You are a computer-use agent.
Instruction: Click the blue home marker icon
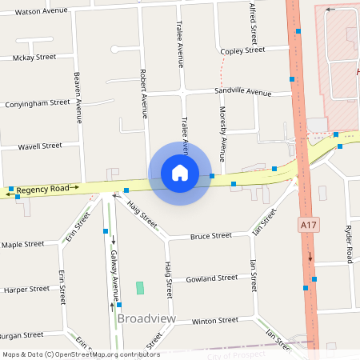(180, 173)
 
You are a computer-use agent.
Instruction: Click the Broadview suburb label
(146, 318)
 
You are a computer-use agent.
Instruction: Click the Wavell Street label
(40, 146)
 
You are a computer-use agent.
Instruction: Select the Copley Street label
(242, 50)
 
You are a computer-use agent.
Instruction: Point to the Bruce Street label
(211, 236)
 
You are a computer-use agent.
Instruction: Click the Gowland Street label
(211, 278)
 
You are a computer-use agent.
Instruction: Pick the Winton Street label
(215, 321)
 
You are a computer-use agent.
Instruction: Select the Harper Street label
(23, 289)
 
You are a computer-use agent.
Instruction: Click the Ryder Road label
(349, 244)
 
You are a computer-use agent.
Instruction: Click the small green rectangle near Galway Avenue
(141, 287)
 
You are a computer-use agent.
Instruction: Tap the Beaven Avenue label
(78, 98)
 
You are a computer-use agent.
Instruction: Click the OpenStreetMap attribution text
(81, 354)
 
